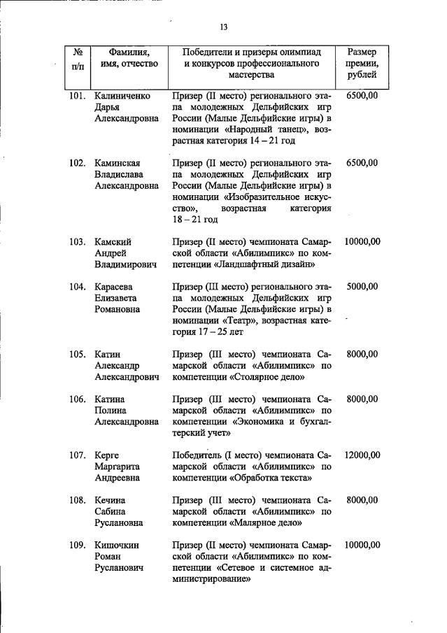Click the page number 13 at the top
point(224,28)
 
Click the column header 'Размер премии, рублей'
point(362,63)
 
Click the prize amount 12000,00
point(362,455)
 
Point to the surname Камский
point(113,242)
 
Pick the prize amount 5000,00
point(362,287)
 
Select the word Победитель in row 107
point(199,455)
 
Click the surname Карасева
point(114,287)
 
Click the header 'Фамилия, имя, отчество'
point(129,57)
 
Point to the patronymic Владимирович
point(125,264)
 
